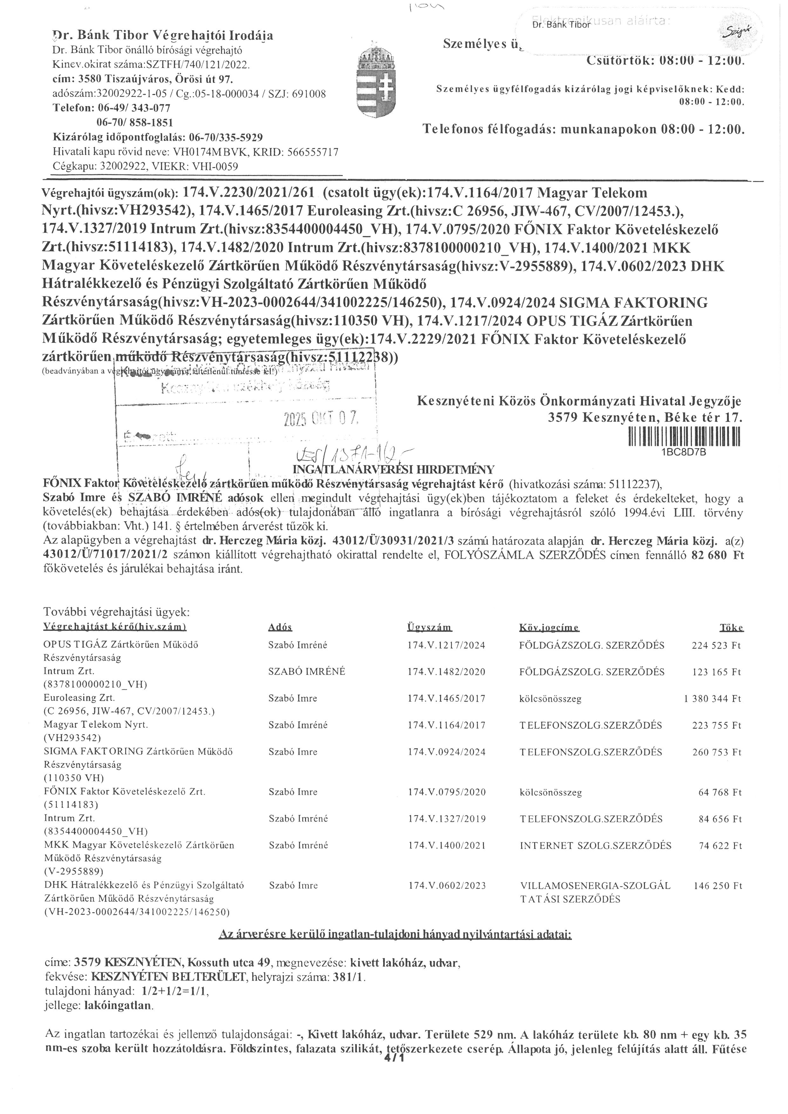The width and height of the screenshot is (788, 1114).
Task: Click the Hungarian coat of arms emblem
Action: pos(371,84)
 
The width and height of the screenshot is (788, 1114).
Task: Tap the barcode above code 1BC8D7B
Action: pos(684,437)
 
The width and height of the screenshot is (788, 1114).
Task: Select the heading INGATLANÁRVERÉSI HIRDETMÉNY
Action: pos(394,469)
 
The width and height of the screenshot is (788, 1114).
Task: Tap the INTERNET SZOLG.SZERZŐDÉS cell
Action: pos(595,846)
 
